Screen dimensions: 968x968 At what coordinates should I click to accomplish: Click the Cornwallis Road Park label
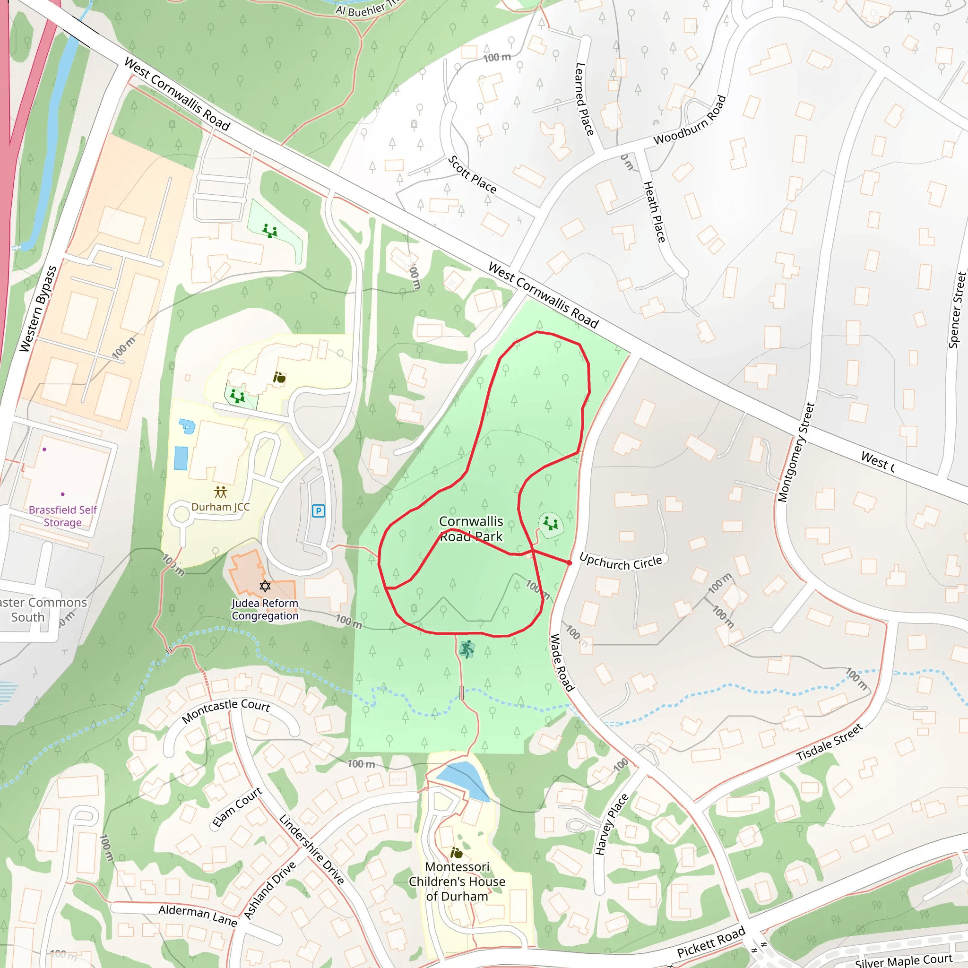[471, 528]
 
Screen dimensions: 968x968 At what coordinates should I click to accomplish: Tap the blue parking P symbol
[318, 511]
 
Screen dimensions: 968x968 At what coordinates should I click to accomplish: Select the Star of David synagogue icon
[265, 586]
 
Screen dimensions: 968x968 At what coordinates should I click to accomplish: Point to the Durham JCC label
[220, 507]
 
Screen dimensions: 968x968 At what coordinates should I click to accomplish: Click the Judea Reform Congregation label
[265, 609]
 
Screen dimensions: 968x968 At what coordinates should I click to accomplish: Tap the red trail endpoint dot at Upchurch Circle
[569, 563]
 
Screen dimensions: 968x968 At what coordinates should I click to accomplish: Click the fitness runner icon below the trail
[467, 649]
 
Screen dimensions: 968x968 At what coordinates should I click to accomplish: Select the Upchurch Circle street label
[620, 562]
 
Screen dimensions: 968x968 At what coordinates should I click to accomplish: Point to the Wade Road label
[562, 662]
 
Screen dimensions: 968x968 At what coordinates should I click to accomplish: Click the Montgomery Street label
[796, 452]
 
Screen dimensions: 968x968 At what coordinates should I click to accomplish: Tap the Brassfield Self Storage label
[63, 516]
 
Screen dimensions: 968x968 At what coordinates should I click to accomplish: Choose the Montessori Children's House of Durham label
[457, 882]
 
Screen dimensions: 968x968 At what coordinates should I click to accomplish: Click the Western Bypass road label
[38, 309]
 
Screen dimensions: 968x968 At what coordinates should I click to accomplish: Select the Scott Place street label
[472, 175]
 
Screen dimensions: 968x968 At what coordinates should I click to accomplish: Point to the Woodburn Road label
[690, 120]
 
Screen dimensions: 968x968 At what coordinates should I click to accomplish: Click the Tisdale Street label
[829, 742]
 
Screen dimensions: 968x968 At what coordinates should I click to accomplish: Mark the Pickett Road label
[711, 942]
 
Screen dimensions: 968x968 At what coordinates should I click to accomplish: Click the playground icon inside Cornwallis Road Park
[550, 524]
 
